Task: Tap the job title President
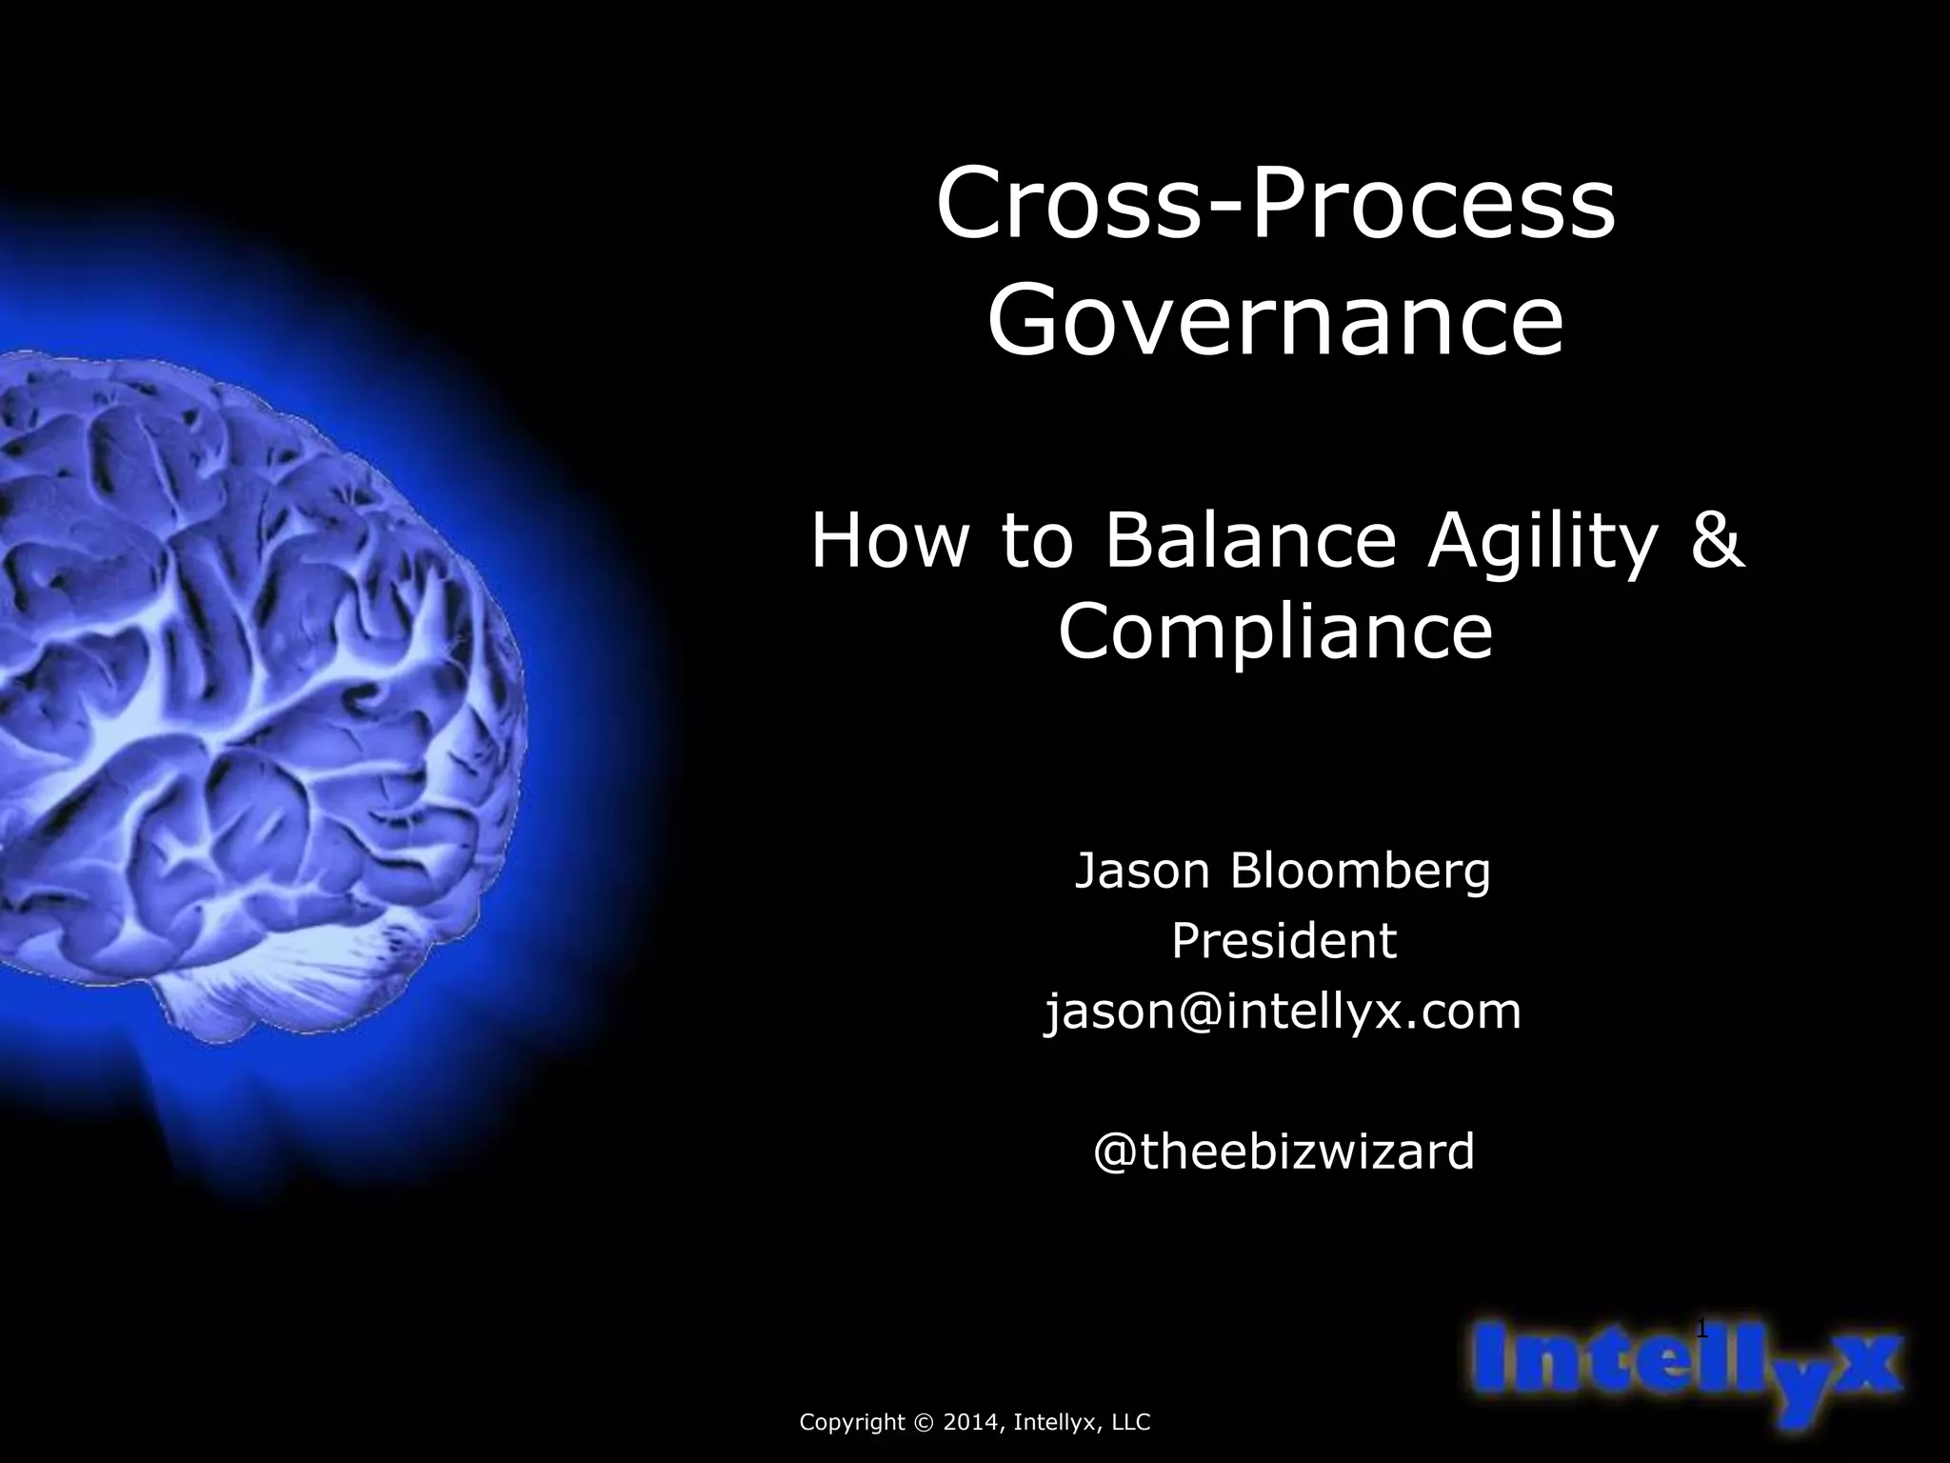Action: pyautogui.click(x=1283, y=941)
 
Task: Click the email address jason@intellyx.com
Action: pyautogui.click(x=1283, y=1012)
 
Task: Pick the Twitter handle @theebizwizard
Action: pyautogui.click(x=1283, y=1152)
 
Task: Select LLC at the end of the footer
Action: pyautogui.click(x=1129, y=1423)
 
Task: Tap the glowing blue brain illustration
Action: pyautogui.click(x=257, y=667)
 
